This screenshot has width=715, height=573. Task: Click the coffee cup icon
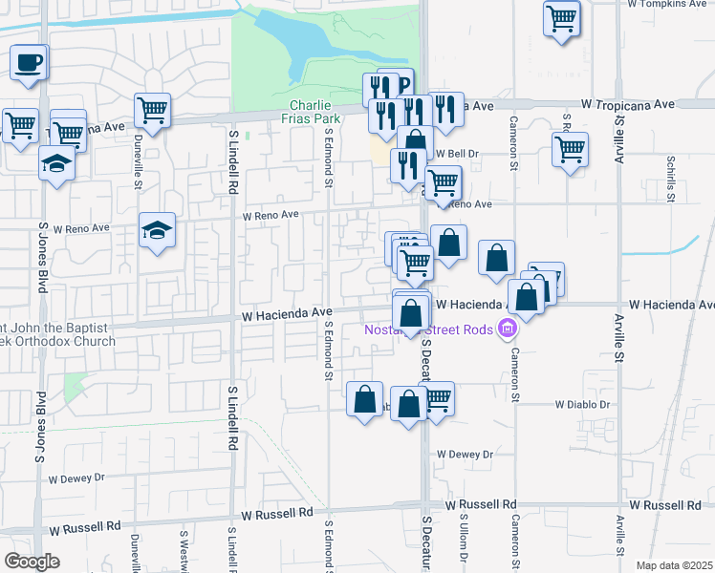coord(29,63)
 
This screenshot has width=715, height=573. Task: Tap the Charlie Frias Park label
coord(312,111)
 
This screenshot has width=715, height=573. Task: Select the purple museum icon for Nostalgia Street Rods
coord(507,330)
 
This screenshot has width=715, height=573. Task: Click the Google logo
coord(32,562)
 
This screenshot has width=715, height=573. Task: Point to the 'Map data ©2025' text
coord(674,565)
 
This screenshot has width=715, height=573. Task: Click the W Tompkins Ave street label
coord(668,5)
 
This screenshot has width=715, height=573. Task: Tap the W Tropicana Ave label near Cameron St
coord(627,104)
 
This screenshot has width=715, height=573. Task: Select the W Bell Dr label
coord(457,153)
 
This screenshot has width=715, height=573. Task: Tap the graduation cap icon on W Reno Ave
coord(158,230)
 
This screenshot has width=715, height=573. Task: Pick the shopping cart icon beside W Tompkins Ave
coord(562,17)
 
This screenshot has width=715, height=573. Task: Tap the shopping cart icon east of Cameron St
coord(570,148)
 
